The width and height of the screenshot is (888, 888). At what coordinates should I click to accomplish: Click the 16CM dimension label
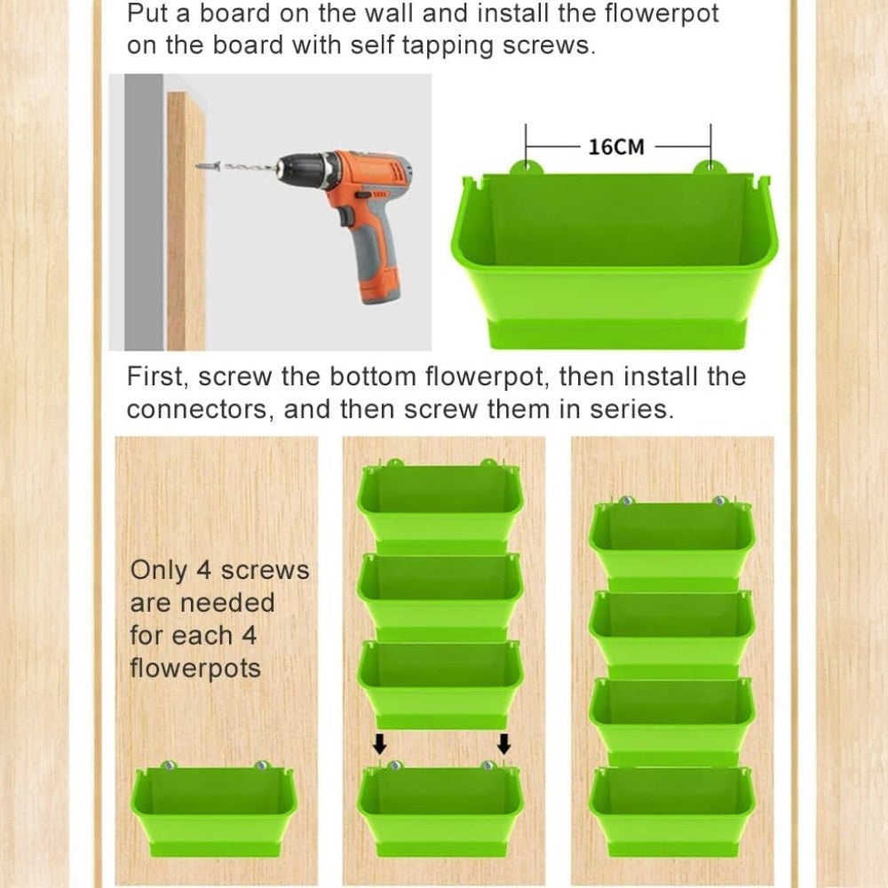[x=616, y=147]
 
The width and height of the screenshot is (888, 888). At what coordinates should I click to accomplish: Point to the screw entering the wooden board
[x=209, y=167]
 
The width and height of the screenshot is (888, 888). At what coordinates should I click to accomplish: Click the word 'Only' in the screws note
[x=159, y=571]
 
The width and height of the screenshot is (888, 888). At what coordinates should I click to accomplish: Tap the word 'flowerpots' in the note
[x=195, y=669]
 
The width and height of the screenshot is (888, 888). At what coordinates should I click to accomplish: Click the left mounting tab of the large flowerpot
[x=527, y=167]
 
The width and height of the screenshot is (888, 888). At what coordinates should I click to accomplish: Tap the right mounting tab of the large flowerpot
[x=710, y=167]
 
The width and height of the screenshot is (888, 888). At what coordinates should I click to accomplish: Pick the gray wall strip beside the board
[x=144, y=212]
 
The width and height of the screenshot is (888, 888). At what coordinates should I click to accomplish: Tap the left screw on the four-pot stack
[x=626, y=501]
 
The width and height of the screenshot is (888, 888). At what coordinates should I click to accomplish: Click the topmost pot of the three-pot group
[x=440, y=507]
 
